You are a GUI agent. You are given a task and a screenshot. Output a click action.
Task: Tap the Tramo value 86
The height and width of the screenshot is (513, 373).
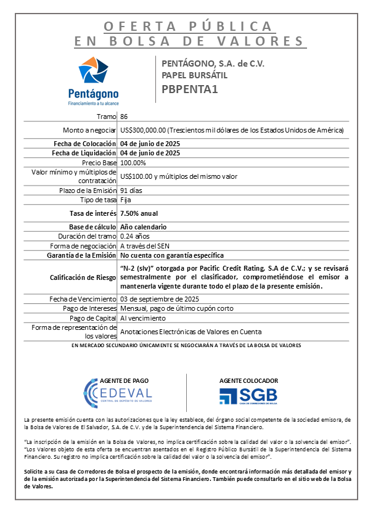(125, 117)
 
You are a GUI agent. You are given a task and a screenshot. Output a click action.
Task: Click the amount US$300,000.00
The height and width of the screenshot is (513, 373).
(144, 131)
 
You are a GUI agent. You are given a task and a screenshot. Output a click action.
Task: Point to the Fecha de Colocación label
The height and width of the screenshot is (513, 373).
(84, 144)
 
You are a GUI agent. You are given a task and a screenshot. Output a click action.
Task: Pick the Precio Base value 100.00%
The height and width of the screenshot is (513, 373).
(133, 163)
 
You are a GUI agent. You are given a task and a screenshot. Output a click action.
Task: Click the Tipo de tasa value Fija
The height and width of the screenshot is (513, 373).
(125, 200)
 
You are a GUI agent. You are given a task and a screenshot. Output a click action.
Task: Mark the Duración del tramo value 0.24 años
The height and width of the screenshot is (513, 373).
(136, 236)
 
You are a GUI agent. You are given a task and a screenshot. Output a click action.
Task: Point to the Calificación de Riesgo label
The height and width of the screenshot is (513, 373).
(83, 277)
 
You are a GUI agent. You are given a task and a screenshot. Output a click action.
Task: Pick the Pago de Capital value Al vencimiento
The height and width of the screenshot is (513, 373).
(143, 318)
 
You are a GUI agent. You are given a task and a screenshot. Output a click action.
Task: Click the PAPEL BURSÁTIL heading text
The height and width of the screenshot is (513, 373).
(194, 75)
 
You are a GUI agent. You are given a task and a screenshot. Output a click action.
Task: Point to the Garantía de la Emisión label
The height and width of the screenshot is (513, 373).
(80, 255)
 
